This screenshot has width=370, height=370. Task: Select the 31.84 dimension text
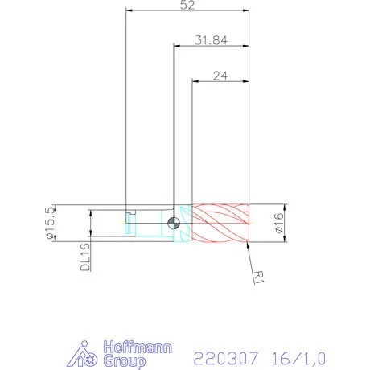click(208, 41)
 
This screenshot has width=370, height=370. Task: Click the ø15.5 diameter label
click(50, 222)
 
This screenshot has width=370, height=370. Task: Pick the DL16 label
click(84, 258)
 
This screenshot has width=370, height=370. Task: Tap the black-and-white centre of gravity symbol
click(173, 223)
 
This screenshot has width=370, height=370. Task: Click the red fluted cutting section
click(221, 223)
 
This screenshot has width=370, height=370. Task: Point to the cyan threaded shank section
click(149, 223)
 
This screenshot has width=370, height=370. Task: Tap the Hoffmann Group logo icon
click(85, 354)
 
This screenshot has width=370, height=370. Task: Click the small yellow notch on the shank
click(131, 217)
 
